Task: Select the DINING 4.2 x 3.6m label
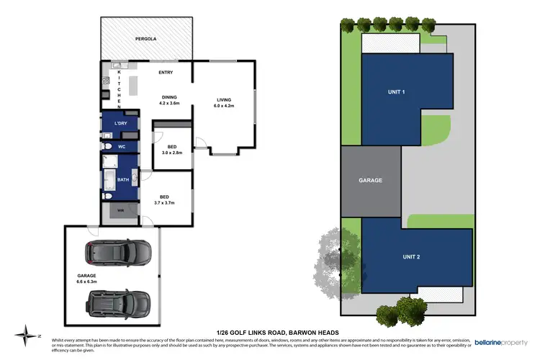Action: (169, 100)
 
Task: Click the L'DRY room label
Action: (120, 124)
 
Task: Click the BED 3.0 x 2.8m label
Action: (171, 150)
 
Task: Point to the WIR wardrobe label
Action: (120, 210)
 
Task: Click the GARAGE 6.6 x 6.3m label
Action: (86, 278)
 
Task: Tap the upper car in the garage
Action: (119, 252)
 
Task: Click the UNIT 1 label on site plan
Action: (397, 91)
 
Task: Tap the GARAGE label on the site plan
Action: (370, 180)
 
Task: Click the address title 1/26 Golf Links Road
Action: (270, 332)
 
